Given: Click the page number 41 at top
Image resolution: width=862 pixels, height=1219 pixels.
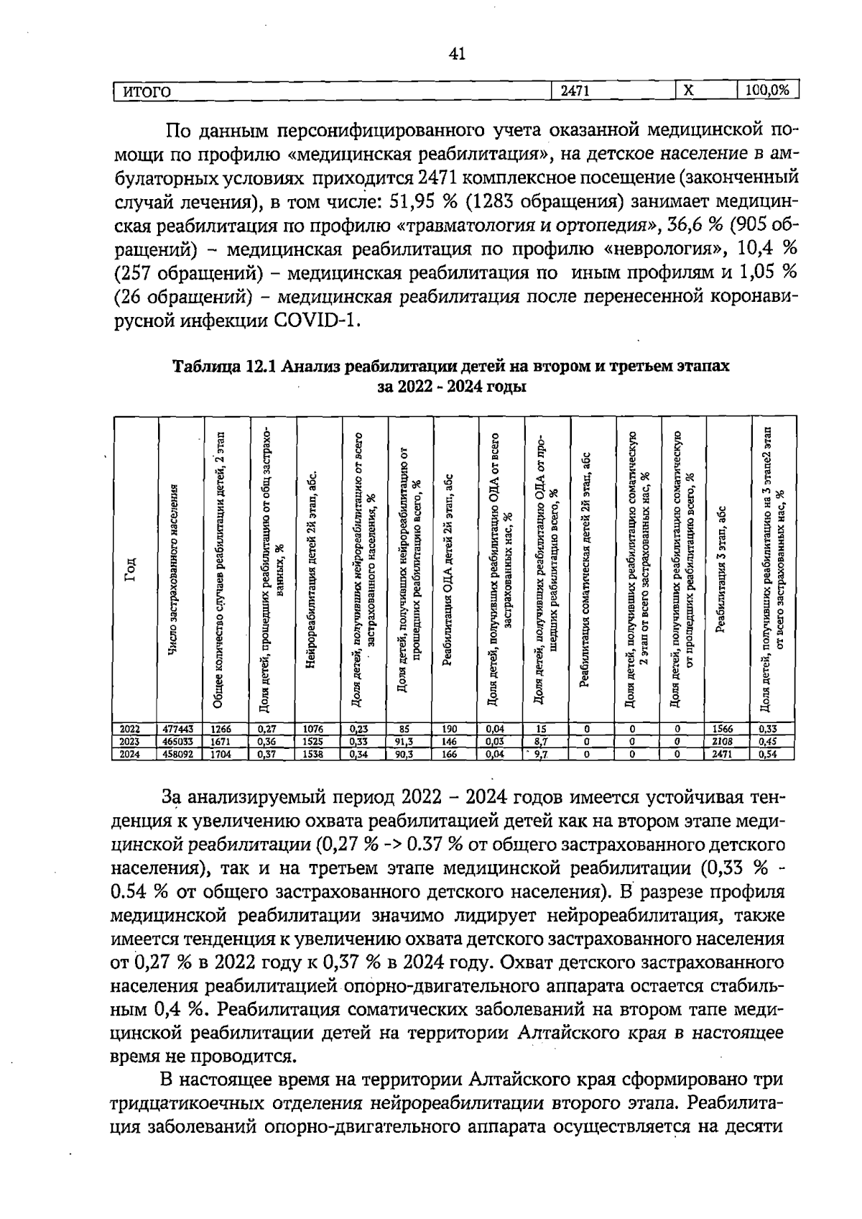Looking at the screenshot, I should tap(457, 54).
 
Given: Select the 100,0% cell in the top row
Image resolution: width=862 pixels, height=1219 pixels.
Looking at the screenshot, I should tap(767, 91).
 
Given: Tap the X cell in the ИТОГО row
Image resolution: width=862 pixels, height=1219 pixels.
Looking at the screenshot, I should tap(687, 91).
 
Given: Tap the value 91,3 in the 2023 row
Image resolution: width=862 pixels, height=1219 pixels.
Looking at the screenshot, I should tap(405, 740).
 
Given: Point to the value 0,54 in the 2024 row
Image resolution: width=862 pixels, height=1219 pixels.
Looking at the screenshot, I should tap(769, 754).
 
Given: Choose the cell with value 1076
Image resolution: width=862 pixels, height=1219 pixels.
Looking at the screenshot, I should tap(315, 727).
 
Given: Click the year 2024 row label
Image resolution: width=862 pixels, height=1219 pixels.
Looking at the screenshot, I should tap(129, 754).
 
